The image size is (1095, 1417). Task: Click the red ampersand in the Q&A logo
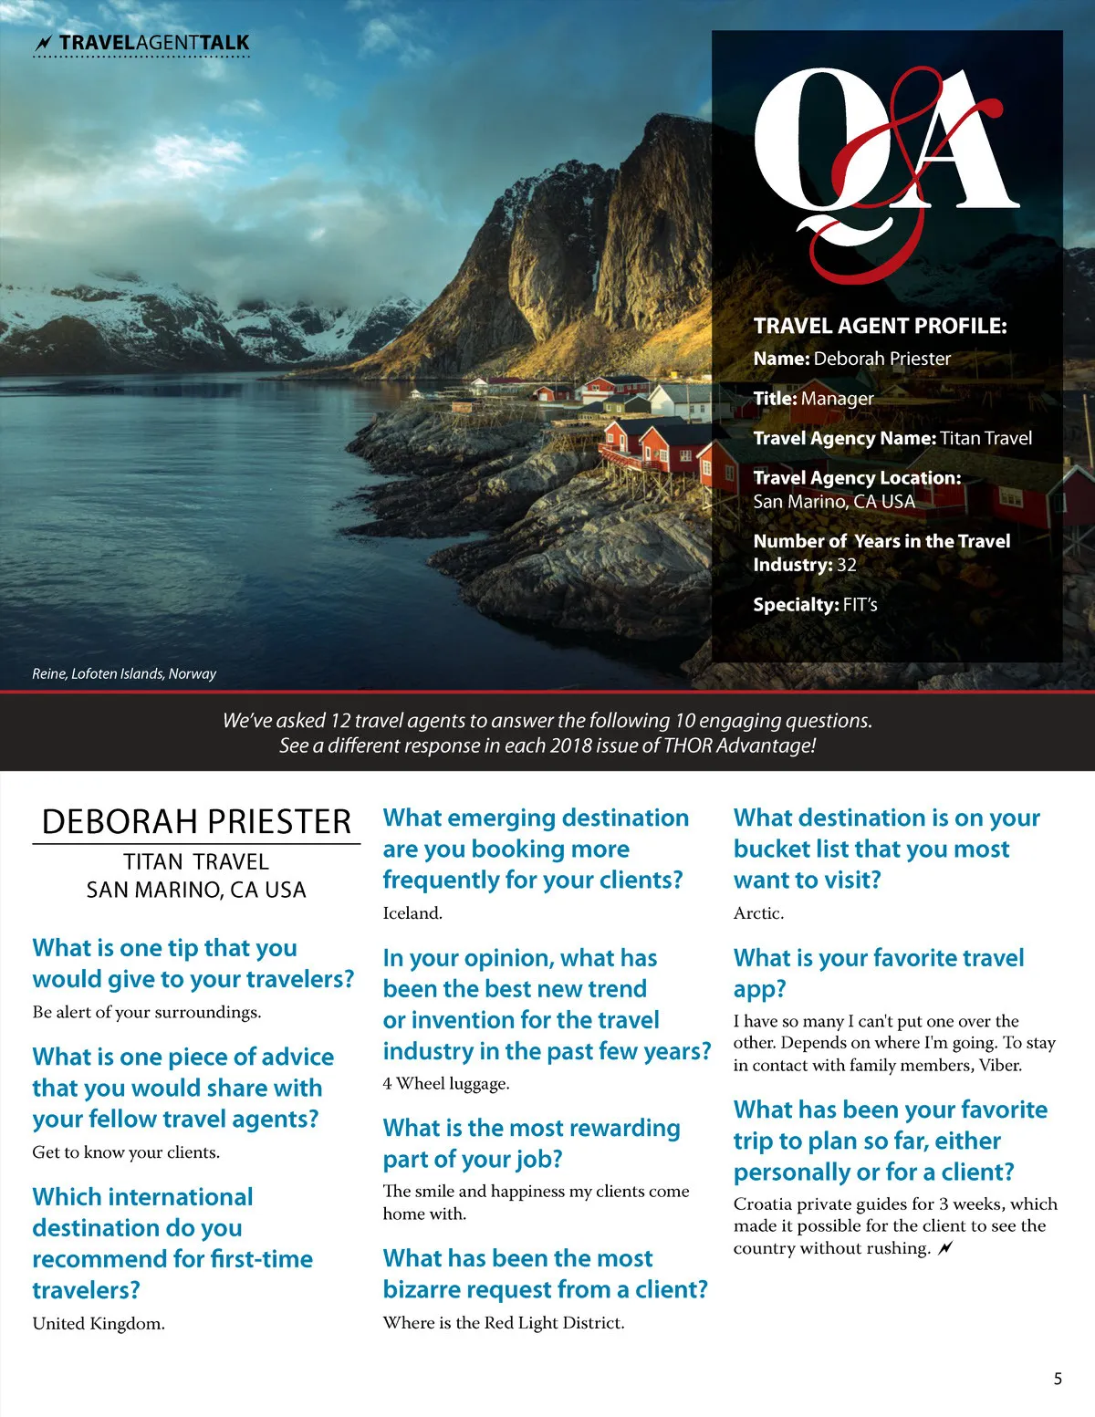pyautogui.click(x=876, y=164)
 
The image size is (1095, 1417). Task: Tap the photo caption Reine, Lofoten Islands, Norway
pyautogui.click(x=124, y=673)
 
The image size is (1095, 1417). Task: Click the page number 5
pyautogui.click(x=1058, y=1378)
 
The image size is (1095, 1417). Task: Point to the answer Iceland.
pyautogui.click(x=412, y=913)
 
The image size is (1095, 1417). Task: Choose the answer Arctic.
pyautogui.click(x=758, y=913)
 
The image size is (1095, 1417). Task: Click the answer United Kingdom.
pyautogui.click(x=99, y=1324)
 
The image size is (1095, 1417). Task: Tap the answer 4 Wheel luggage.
pyautogui.click(x=446, y=1084)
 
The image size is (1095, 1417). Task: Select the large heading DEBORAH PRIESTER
pyautogui.click(x=196, y=822)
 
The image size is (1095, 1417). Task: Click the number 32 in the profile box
pyautogui.click(x=847, y=565)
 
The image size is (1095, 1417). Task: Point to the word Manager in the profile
pyautogui.click(x=837, y=399)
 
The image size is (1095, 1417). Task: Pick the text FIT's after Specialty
pyautogui.click(x=860, y=605)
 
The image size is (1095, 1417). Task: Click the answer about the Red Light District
pyautogui.click(x=504, y=1323)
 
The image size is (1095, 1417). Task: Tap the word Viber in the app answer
pyautogui.click(x=1000, y=1066)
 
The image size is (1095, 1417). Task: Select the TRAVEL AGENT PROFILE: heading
pyautogui.click(x=880, y=326)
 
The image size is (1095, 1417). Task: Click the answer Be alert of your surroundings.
pyautogui.click(x=147, y=1012)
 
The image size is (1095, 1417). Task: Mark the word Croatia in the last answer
pyautogui.click(x=764, y=1204)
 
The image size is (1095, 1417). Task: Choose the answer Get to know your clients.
pyautogui.click(x=126, y=1152)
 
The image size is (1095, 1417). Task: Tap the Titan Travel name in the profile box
pyautogui.click(x=985, y=438)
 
